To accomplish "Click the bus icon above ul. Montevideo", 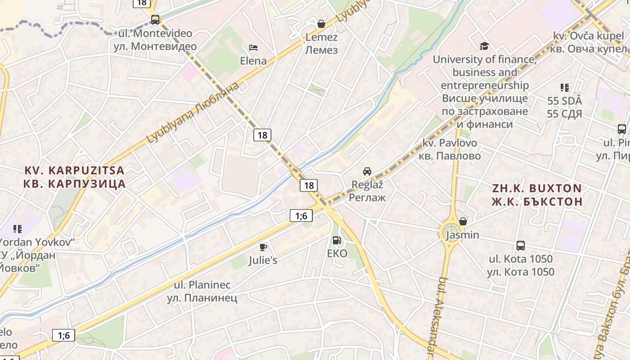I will (155, 20).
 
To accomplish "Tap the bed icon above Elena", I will (253, 48).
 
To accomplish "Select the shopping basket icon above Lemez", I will (321, 24).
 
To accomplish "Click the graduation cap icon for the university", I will (484, 46).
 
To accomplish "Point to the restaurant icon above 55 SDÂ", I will (564, 88).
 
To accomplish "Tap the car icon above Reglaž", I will (367, 171).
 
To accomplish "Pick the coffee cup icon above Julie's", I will (263, 247).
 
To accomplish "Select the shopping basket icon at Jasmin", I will (463, 221).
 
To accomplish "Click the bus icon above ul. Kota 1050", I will (521, 246).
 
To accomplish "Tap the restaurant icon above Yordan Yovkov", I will (18, 229).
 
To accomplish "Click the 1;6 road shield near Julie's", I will (301, 216).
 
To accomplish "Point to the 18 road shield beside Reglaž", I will (309, 185).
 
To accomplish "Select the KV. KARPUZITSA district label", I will (74, 177).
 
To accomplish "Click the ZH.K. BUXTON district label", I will (536, 194).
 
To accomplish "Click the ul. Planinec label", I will (202, 291).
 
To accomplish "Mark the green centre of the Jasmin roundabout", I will (451, 233).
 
